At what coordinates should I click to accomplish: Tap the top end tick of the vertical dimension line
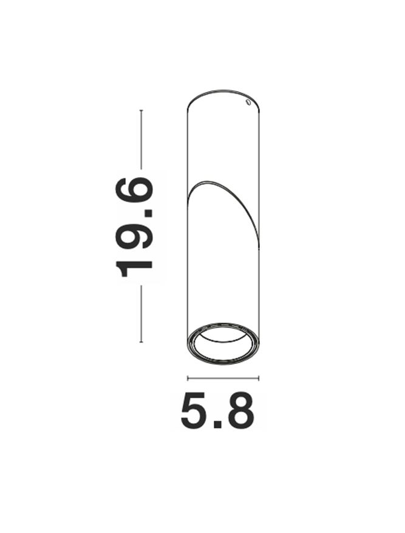tap(141, 110)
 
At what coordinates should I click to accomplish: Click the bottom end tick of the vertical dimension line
tap(141, 343)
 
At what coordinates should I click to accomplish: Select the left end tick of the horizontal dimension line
tap(188, 378)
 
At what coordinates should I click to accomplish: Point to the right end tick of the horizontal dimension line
tap(259, 378)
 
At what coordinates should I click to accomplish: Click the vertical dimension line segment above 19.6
tap(141, 139)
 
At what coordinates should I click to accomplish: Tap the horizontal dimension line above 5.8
tap(223, 378)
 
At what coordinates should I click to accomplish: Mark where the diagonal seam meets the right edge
tap(259, 245)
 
